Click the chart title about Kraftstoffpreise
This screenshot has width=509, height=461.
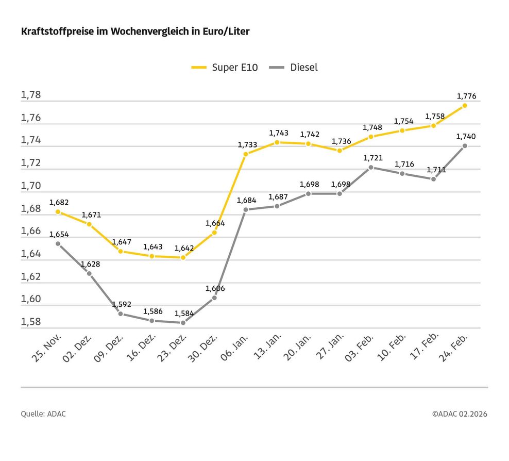(x=135, y=32)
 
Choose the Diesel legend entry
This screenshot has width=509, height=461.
(x=295, y=68)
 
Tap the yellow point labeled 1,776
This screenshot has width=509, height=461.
(x=465, y=105)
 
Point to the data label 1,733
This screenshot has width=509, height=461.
(x=247, y=145)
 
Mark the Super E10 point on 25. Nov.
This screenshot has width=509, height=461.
(x=58, y=211)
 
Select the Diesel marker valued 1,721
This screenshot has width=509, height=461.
(x=371, y=168)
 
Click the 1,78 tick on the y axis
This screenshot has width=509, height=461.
(x=30, y=95)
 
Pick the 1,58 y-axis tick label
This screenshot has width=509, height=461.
(x=30, y=322)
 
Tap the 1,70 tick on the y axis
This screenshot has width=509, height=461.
(x=30, y=186)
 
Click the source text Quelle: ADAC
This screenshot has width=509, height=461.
(x=43, y=414)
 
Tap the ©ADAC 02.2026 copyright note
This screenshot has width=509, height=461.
(x=460, y=414)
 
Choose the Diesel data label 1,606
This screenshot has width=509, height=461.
(x=215, y=289)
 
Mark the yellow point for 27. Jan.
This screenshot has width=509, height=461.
(x=340, y=150)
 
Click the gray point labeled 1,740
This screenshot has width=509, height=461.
(x=465, y=146)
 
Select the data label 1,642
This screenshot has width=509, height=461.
(x=184, y=248)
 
